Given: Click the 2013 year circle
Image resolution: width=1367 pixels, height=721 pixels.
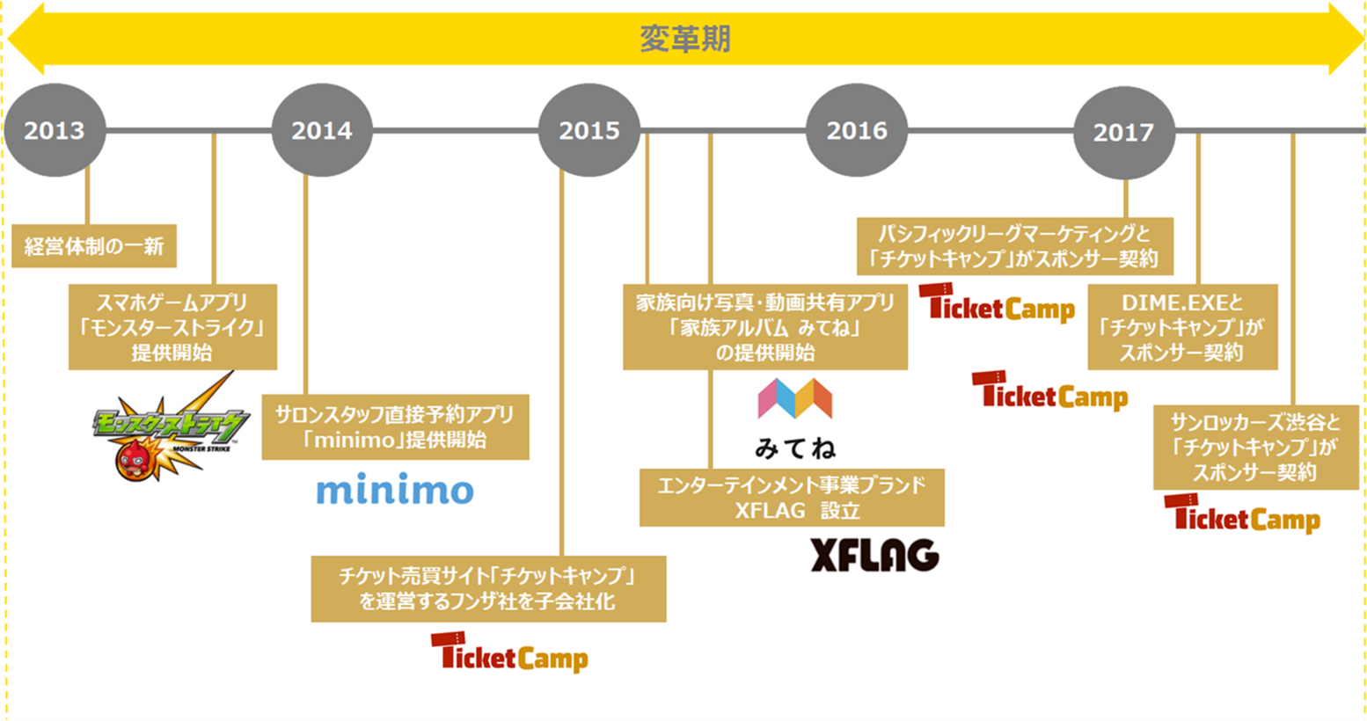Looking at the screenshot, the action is pyautogui.click(x=55, y=130).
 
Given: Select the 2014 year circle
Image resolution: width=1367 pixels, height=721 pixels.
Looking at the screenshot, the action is pyautogui.click(x=322, y=130).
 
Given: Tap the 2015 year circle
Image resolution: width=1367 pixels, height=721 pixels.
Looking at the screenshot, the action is pyautogui.click(x=589, y=130).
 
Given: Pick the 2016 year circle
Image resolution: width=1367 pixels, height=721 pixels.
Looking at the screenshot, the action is pyautogui.click(x=857, y=130).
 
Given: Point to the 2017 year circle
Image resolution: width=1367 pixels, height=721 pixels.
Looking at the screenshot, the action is pyautogui.click(x=1124, y=133).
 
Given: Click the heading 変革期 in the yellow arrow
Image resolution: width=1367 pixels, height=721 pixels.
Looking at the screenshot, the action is pyautogui.click(x=684, y=39).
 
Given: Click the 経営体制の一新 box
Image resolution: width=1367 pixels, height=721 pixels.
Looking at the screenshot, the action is pyautogui.click(x=94, y=246).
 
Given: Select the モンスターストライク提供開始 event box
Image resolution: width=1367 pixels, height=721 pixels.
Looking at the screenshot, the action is pyautogui.click(x=172, y=327).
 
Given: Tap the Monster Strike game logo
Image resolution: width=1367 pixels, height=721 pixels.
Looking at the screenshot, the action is pyautogui.click(x=171, y=427).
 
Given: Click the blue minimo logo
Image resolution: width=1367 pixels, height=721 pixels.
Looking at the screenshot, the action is pyautogui.click(x=395, y=489).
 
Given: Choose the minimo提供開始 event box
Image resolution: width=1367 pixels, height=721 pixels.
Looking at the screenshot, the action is pyautogui.click(x=396, y=427).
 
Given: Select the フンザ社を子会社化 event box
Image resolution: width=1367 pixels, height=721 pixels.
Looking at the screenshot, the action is pyautogui.click(x=488, y=588).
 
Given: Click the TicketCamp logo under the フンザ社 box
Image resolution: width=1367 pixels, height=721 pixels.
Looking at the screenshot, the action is pyautogui.click(x=509, y=652).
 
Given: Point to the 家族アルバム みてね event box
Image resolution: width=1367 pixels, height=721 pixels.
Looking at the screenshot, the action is pyautogui.click(x=765, y=327).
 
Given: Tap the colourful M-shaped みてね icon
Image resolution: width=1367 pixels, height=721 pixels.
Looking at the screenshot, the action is pyautogui.click(x=795, y=398).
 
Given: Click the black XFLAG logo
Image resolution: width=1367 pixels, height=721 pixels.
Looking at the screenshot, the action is pyautogui.click(x=874, y=555).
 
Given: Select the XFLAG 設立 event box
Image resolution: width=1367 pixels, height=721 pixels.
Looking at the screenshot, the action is pyautogui.click(x=792, y=498).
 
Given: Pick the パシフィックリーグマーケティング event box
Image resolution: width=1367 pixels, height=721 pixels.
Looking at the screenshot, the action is pyautogui.click(x=1015, y=246).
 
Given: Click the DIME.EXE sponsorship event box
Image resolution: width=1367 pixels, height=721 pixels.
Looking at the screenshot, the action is pyautogui.click(x=1182, y=327).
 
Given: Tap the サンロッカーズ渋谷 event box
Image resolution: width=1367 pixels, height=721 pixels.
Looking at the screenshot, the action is pyautogui.click(x=1256, y=448).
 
